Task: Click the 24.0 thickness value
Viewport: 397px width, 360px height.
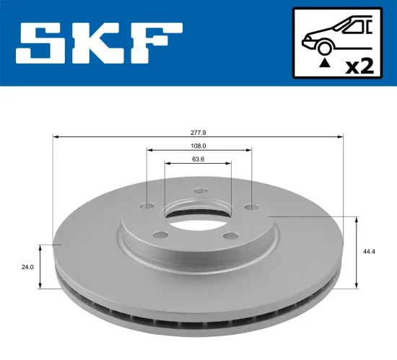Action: pyautogui.click(x=28, y=267)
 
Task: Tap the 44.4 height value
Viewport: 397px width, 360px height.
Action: pyautogui.click(x=370, y=252)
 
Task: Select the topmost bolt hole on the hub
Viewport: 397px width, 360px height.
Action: pyautogui.click(x=199, y=192)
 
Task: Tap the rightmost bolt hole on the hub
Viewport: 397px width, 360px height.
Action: pyautogui.click(x=250, y=207)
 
